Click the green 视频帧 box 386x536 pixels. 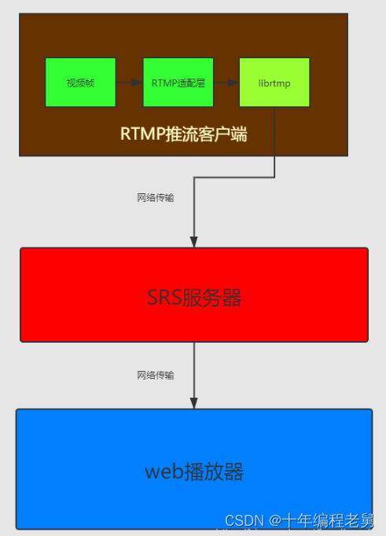80,83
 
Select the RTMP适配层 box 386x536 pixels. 178,83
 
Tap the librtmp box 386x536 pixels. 274,83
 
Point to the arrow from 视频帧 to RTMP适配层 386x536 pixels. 129,83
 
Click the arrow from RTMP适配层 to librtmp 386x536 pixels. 226,83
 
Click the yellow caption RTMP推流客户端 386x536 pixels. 183,134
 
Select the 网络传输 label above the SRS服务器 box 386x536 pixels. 156,198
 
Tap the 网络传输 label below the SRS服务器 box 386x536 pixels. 156,375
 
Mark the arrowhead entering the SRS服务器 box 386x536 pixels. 194,240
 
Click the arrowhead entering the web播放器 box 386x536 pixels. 194,402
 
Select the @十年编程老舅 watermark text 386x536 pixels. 322,520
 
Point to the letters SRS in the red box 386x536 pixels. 164,298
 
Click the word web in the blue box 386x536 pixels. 164,472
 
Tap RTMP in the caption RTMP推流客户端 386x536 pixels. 142,134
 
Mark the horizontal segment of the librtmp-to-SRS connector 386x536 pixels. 234,178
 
